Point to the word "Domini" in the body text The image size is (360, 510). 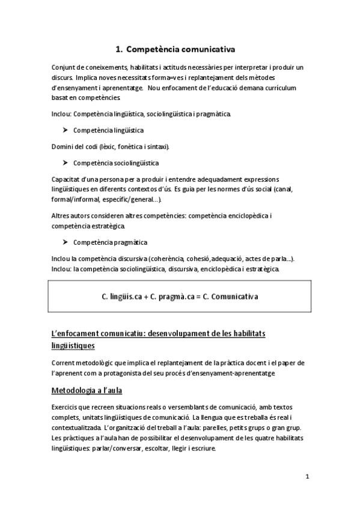click(x=63, y=146)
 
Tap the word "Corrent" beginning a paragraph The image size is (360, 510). click(x=64, y=363)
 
